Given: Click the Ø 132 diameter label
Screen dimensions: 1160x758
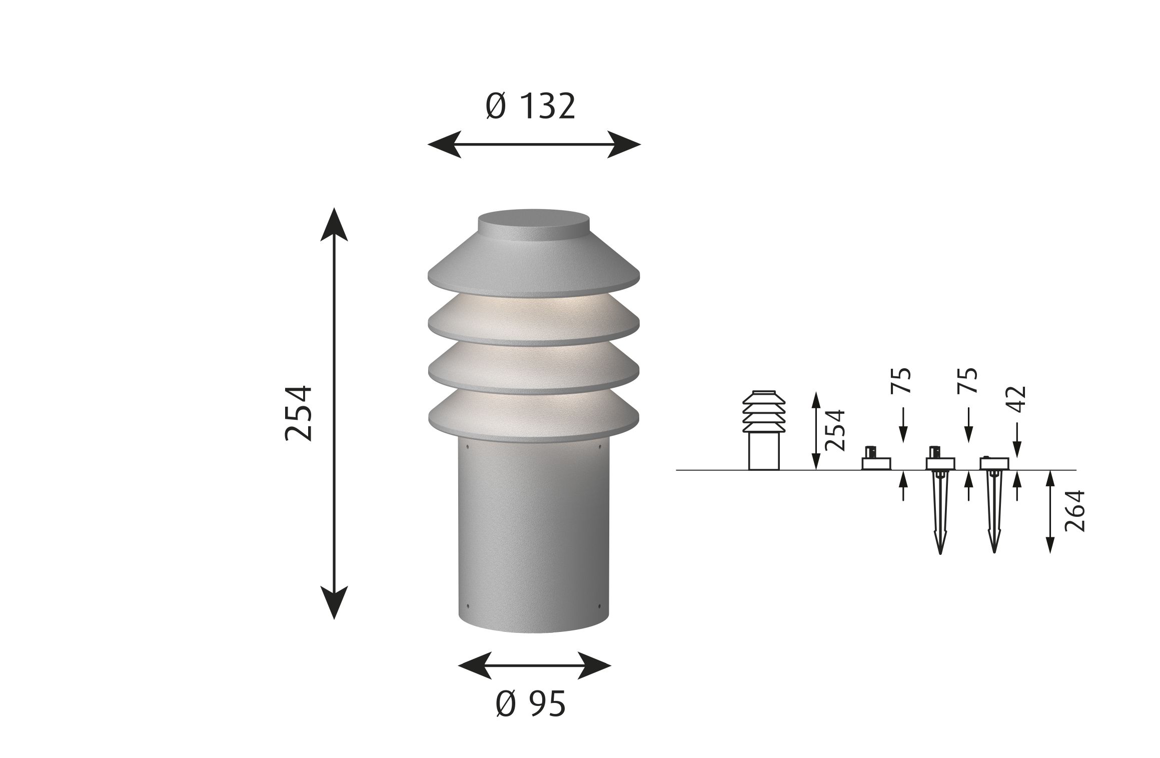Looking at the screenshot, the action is click(x=531, y=107).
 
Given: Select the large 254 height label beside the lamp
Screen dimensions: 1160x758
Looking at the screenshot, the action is click(x=298, y=413).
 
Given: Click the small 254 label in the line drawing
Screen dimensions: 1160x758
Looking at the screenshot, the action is click(x=834, y=430).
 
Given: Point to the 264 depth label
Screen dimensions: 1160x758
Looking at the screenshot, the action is click(x=1075, y=511).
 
